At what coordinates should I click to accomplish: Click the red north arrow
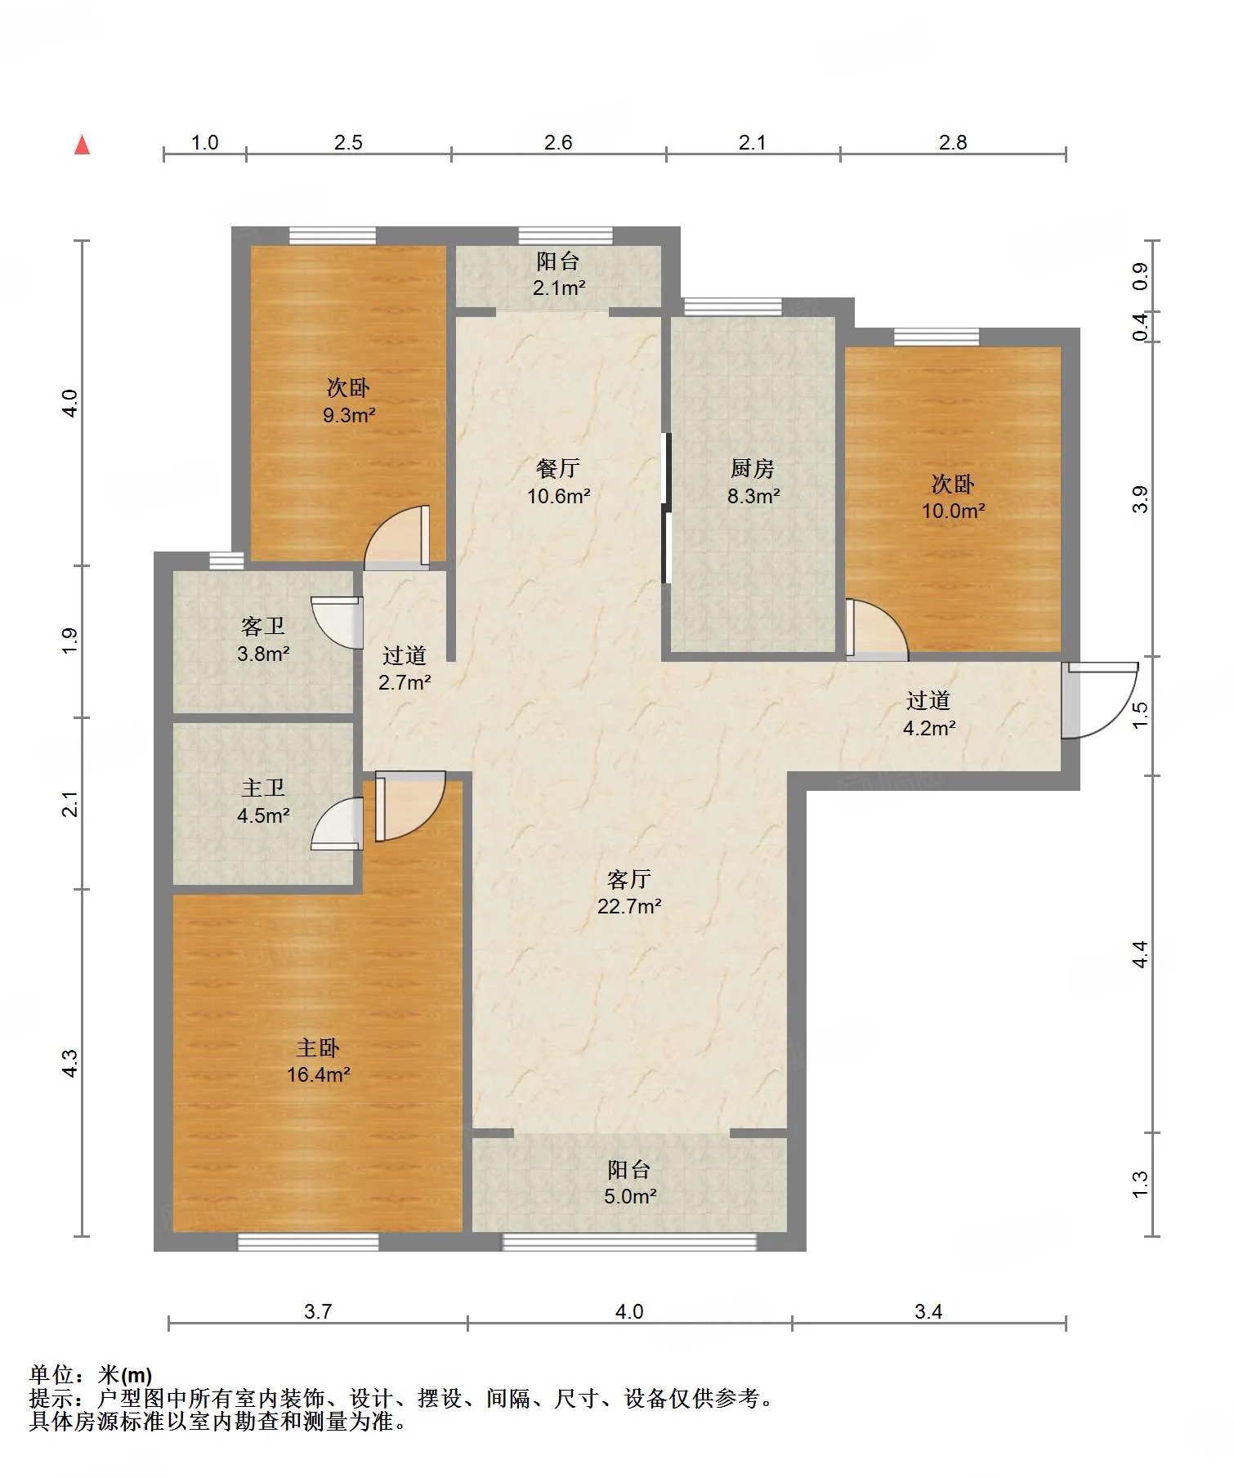(82, 145)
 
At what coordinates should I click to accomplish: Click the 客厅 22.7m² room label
(629, 892)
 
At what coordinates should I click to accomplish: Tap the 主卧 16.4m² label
(318, 1060)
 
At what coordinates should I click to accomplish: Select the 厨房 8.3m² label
(753, 481)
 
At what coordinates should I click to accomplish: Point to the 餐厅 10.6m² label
(558, 481)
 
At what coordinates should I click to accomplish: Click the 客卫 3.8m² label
(263, 639)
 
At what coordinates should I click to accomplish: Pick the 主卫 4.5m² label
(263, 801)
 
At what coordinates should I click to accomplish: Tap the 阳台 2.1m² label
(558, 274)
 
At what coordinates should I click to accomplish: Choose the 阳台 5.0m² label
(629, 1182)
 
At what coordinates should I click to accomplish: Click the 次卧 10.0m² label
(953, 497)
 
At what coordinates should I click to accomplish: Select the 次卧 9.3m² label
(348, 400)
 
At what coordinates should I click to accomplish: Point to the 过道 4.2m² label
(928, 713)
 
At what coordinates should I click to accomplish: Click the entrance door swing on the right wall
(1099, 700)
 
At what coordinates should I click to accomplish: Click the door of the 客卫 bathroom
(337, 623)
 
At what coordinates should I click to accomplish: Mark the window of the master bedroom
(308, 1242)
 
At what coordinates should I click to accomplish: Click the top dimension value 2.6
(558, 142)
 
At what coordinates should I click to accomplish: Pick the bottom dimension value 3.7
(318, 1311)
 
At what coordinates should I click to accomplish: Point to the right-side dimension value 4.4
(1140, 954)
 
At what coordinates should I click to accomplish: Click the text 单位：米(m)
(91, 1375)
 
